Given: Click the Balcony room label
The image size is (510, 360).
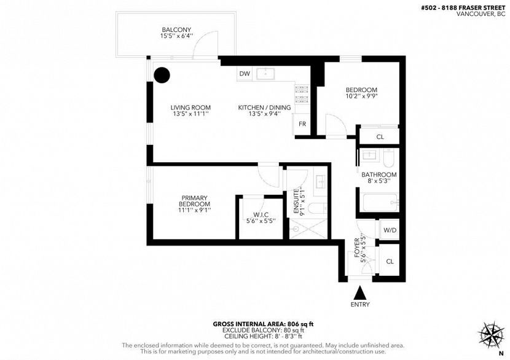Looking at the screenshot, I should pyautogui.click(x=176, y=30).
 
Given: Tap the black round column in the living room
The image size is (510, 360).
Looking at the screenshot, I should pyautogui.click(x=162, y=75).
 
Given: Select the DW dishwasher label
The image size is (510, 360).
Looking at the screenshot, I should pyautogui.click(x=245, y=74).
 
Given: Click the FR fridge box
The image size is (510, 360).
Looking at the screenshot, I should pyautogui.click(x=302, y=123).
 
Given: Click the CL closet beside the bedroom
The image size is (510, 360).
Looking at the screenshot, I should pyautogui.click(x=380, y=136).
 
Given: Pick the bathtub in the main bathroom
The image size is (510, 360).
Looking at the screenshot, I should pyautogui.click(x=379, y=202).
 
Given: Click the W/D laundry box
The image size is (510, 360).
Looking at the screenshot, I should pyautogui.click(x=389, y=231).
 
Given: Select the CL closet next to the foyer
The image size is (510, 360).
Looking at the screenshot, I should pyautogui.click(x=390, y=262).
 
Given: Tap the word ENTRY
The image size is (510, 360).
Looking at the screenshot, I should pyautogui.click(x=361, y=305).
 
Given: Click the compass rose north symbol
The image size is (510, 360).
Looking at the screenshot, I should pyautogui.click(x=491, y=335).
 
